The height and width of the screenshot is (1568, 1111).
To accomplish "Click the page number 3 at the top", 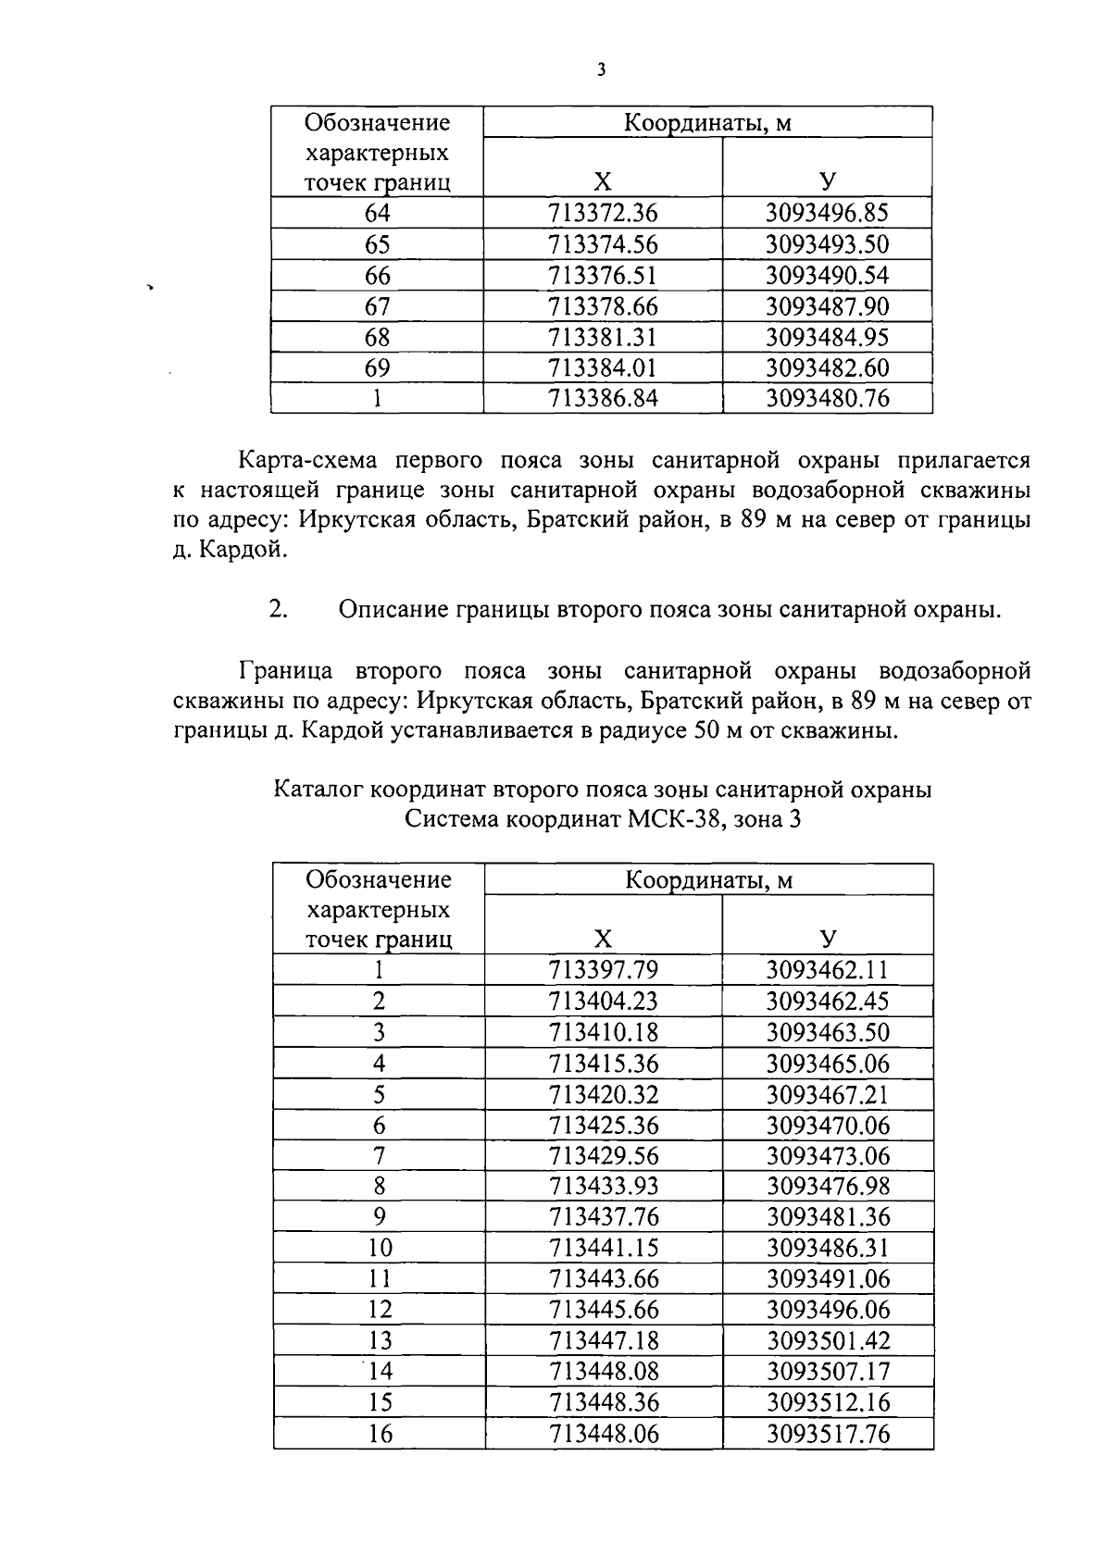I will click(x=601, y=70).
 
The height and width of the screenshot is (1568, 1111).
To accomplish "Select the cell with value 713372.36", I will click(x=603, y=214).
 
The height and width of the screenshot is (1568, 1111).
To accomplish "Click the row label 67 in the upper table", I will click(x=378, y=306).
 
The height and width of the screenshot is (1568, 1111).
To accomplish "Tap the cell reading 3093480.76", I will click(x=827, y=399).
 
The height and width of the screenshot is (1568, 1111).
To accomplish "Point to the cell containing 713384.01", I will click(x=603, y=368).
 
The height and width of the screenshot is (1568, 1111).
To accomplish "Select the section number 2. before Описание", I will click(x=279, y=610).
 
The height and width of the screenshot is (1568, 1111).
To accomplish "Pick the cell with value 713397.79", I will click(x=603, y=970).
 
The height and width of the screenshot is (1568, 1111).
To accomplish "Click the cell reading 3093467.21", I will click(x=827, y=1095).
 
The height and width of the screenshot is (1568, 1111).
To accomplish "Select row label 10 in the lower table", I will click(x=380, y=1248).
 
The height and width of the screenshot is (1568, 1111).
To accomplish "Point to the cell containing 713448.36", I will click(x=603, y=1402).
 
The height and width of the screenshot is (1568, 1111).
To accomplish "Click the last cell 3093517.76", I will click(x=827, y=1434).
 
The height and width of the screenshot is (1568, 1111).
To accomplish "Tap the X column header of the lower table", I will click(x=603, y=939).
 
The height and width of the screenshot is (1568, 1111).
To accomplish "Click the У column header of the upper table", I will click(x=827, y=180).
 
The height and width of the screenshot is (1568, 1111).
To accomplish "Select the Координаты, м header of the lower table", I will click(x=708, y=879).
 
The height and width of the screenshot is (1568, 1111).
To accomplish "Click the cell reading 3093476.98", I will click(x=827, y=1186).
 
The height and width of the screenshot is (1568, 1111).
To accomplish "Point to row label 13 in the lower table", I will click(x=380, y=1340).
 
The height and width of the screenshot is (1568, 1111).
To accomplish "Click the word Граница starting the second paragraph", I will click(x=284, y=670).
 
